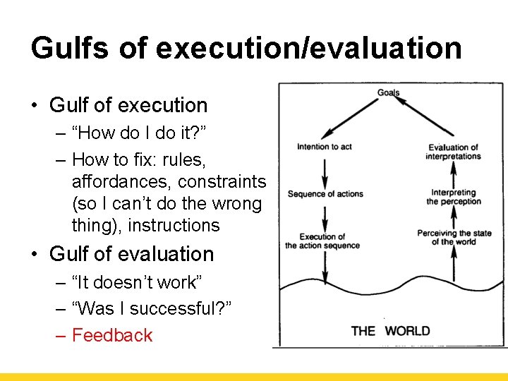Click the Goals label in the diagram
(388, 92)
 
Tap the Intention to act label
(324, 147)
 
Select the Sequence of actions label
(325, 194)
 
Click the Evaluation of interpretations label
(453, 152)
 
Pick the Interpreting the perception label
(454, 197)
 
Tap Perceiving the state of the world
(454, 238)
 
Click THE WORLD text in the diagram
(390, 331)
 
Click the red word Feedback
(112, 335)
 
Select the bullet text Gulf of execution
(128, 105)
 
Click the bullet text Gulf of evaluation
(131, 254)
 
